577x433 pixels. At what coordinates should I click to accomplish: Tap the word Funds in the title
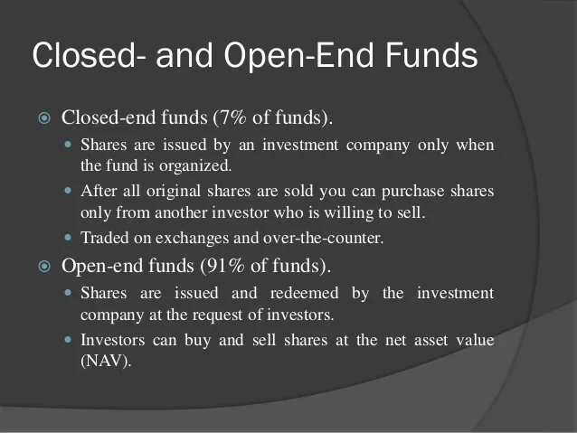coord(431,55)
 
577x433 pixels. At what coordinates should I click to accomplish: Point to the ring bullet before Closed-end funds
coord(44,118)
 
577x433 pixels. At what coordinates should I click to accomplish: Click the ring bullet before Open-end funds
coord(44,266)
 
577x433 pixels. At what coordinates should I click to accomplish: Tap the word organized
coord(195,166)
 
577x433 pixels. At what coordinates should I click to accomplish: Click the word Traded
coord(105,238)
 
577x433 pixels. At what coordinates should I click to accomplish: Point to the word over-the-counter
coord(324,238)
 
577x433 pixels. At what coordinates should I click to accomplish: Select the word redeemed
coord(304,293)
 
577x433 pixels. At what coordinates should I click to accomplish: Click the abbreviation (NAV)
coord(106,361)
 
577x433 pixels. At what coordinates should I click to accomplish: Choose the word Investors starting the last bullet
coord(113,340)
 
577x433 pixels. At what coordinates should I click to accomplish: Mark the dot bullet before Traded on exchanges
coord(68,238)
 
